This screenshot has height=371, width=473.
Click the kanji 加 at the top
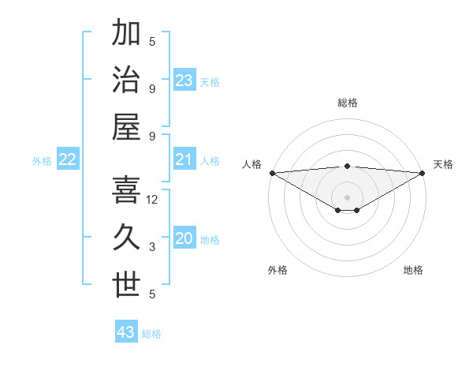(x=126, y=34)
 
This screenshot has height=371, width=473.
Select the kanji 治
(x=126, y=81)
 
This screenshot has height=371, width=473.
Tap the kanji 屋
(x=126, y=127)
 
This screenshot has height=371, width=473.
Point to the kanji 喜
(x=126, y=193)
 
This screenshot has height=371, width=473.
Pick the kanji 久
(x=126, y=239)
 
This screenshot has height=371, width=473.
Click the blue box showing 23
(x=184, y=81)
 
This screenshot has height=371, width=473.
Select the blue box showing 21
(x=184, y=160)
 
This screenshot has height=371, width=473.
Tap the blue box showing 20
(x=184, y=239)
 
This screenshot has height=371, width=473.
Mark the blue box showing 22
(x=68, y=160)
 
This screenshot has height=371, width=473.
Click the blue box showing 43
(x=126, y=332)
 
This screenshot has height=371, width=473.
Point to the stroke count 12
(x=152, y=200)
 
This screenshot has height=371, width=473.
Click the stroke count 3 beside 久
(x=152, y=247)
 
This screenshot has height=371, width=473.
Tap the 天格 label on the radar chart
(x=444, y=164)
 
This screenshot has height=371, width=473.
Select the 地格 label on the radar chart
(x=413, y=270)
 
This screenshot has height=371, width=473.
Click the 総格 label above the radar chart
(x=347, y=103)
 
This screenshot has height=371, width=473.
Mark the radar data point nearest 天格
(x=423, y=173)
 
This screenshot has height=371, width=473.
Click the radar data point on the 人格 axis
(x=272, y=173)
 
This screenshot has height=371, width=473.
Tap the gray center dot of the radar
(x=347, y=197)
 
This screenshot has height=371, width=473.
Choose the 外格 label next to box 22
(x=42, y=161)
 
